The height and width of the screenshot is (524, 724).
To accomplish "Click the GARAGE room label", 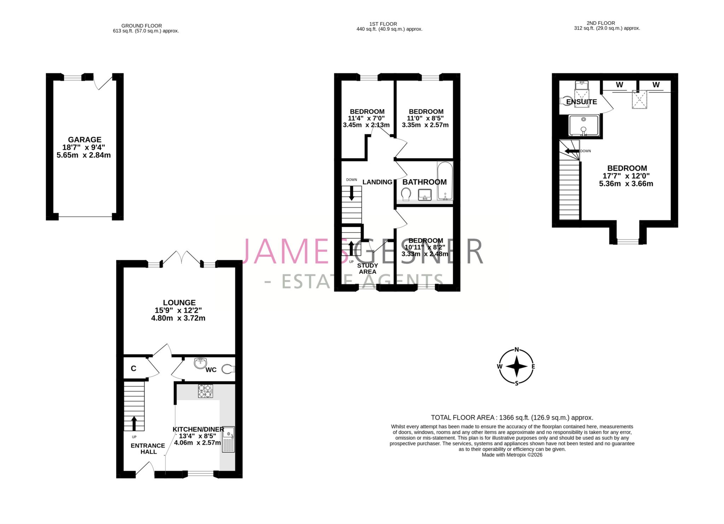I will click(x=84, y=140).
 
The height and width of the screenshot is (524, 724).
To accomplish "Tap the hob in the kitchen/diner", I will click(x=205, y=391).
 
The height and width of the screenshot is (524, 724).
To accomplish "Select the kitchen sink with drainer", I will click(x=228, y=440).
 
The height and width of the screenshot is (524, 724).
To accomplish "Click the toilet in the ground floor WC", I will click(x=228, y=369).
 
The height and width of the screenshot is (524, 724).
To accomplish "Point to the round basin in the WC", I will click(x=200, y=363).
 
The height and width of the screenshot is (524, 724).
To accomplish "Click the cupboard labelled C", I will click(x=133, y=369).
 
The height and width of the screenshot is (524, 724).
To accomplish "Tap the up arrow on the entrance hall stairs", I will click(x=134, y=423).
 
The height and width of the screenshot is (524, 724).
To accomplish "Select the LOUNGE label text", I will click(x=179, y=302).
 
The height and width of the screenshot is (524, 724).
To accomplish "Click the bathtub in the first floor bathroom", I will click(x=445, y=181).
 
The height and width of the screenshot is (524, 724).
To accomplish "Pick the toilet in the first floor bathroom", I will click(x=406, y=194).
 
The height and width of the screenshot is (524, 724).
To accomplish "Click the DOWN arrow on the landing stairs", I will click(x=351, y=193).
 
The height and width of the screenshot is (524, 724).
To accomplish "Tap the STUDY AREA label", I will click(x=368, y=269).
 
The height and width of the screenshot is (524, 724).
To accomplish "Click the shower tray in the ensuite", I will click(x=584, y=125).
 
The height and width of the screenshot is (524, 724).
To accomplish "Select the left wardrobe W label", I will click(x=619, y=85).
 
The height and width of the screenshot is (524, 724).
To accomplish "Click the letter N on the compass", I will click(x=516, y=350).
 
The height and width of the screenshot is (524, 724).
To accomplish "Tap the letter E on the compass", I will click(x=533, y=366).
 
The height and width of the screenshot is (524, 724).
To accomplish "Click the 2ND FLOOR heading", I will click(x=607, y=23).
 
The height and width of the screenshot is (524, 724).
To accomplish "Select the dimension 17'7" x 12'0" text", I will click(x=626, y=176).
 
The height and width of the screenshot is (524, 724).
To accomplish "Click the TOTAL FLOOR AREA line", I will click(x=512, y=418).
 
